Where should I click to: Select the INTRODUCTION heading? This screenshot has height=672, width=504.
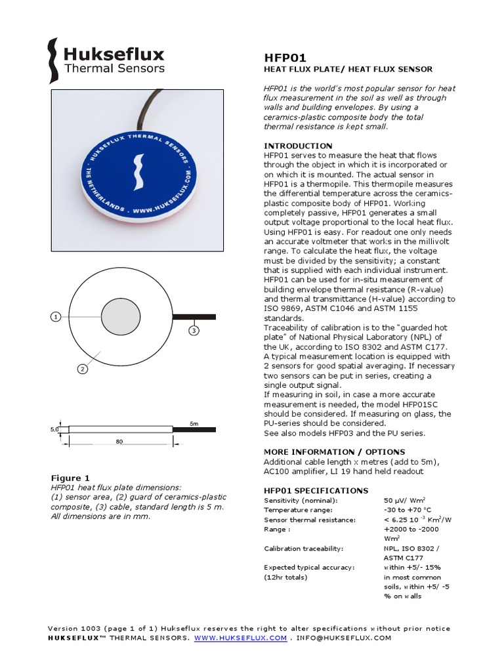[298, 146]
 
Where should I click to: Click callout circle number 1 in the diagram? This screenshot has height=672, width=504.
[56, 317]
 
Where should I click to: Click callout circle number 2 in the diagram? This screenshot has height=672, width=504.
[83, 369]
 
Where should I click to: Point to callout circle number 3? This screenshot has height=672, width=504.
[194, 330]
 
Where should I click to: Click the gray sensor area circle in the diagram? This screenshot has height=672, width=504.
[121, 317]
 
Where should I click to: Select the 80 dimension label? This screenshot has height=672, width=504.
[119, 442]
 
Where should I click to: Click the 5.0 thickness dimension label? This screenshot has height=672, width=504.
[55, 429]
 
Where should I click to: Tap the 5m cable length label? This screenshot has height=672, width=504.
[193, 423]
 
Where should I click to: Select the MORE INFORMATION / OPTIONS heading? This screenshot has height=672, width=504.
[334, 452]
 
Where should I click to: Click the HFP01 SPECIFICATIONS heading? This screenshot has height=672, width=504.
[316, 491]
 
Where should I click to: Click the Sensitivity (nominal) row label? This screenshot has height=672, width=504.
[299, 500]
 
